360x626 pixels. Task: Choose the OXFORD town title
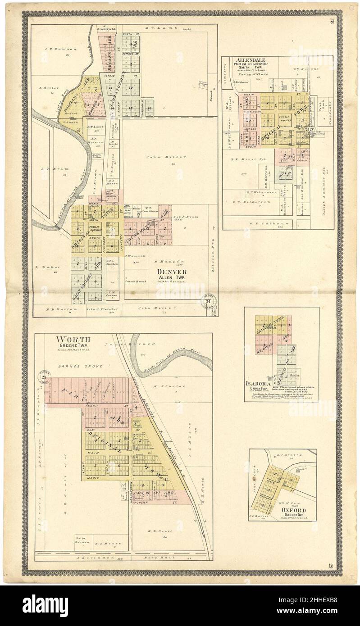click(x=295, y=510)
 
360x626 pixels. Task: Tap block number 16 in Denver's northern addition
click(x=149, y=108)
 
